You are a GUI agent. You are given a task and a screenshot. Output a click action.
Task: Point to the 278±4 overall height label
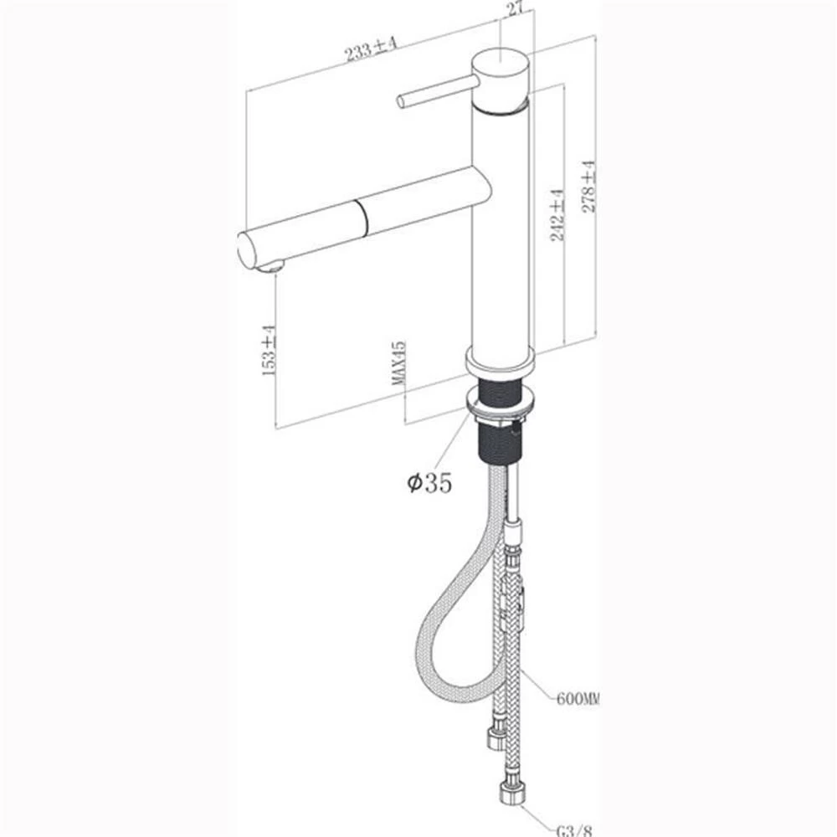tap(589, 186)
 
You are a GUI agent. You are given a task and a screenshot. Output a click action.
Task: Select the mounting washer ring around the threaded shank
tap(499, 410)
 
